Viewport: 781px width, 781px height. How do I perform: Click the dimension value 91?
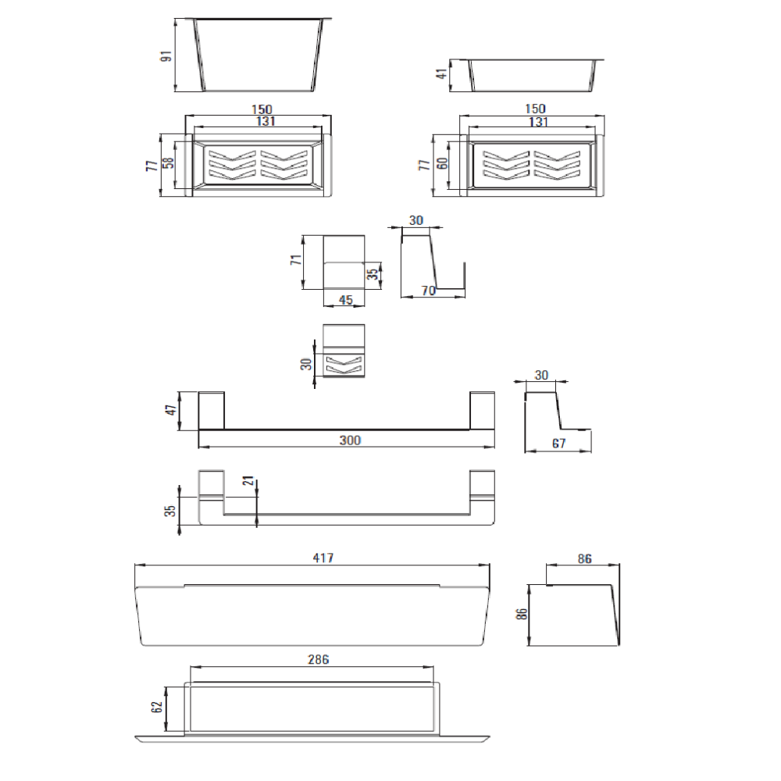coord(166,55)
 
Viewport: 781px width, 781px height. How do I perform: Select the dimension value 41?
coord(441,74)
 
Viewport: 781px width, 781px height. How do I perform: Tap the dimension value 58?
coord(169,163)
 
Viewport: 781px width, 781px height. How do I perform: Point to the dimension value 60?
coord(442,163)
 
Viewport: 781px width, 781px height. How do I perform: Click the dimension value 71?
coord(296,259)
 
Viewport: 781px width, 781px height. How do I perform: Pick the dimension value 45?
coord(346,300)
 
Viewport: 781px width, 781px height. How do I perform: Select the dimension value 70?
coord(428,291)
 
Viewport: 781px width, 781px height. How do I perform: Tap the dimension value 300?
coord(350,440)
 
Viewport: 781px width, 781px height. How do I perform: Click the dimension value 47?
coord(171,410)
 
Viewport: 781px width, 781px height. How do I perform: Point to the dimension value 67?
coord(559,444)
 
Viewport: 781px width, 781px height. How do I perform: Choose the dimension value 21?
coord(248,480)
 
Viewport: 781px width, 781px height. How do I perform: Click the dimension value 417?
coord(323,558)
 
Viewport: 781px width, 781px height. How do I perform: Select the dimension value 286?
coord(319,659)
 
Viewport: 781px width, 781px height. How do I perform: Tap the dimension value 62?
coord(157,707)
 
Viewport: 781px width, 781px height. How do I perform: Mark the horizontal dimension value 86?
coord(585,559)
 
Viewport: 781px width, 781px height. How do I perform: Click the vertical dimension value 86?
coord(522,614)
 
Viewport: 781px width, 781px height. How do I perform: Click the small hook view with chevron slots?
coord(344,351)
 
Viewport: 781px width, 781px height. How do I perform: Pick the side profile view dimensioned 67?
coord(558,422)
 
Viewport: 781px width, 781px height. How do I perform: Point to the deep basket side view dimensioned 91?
coord(259,55)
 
